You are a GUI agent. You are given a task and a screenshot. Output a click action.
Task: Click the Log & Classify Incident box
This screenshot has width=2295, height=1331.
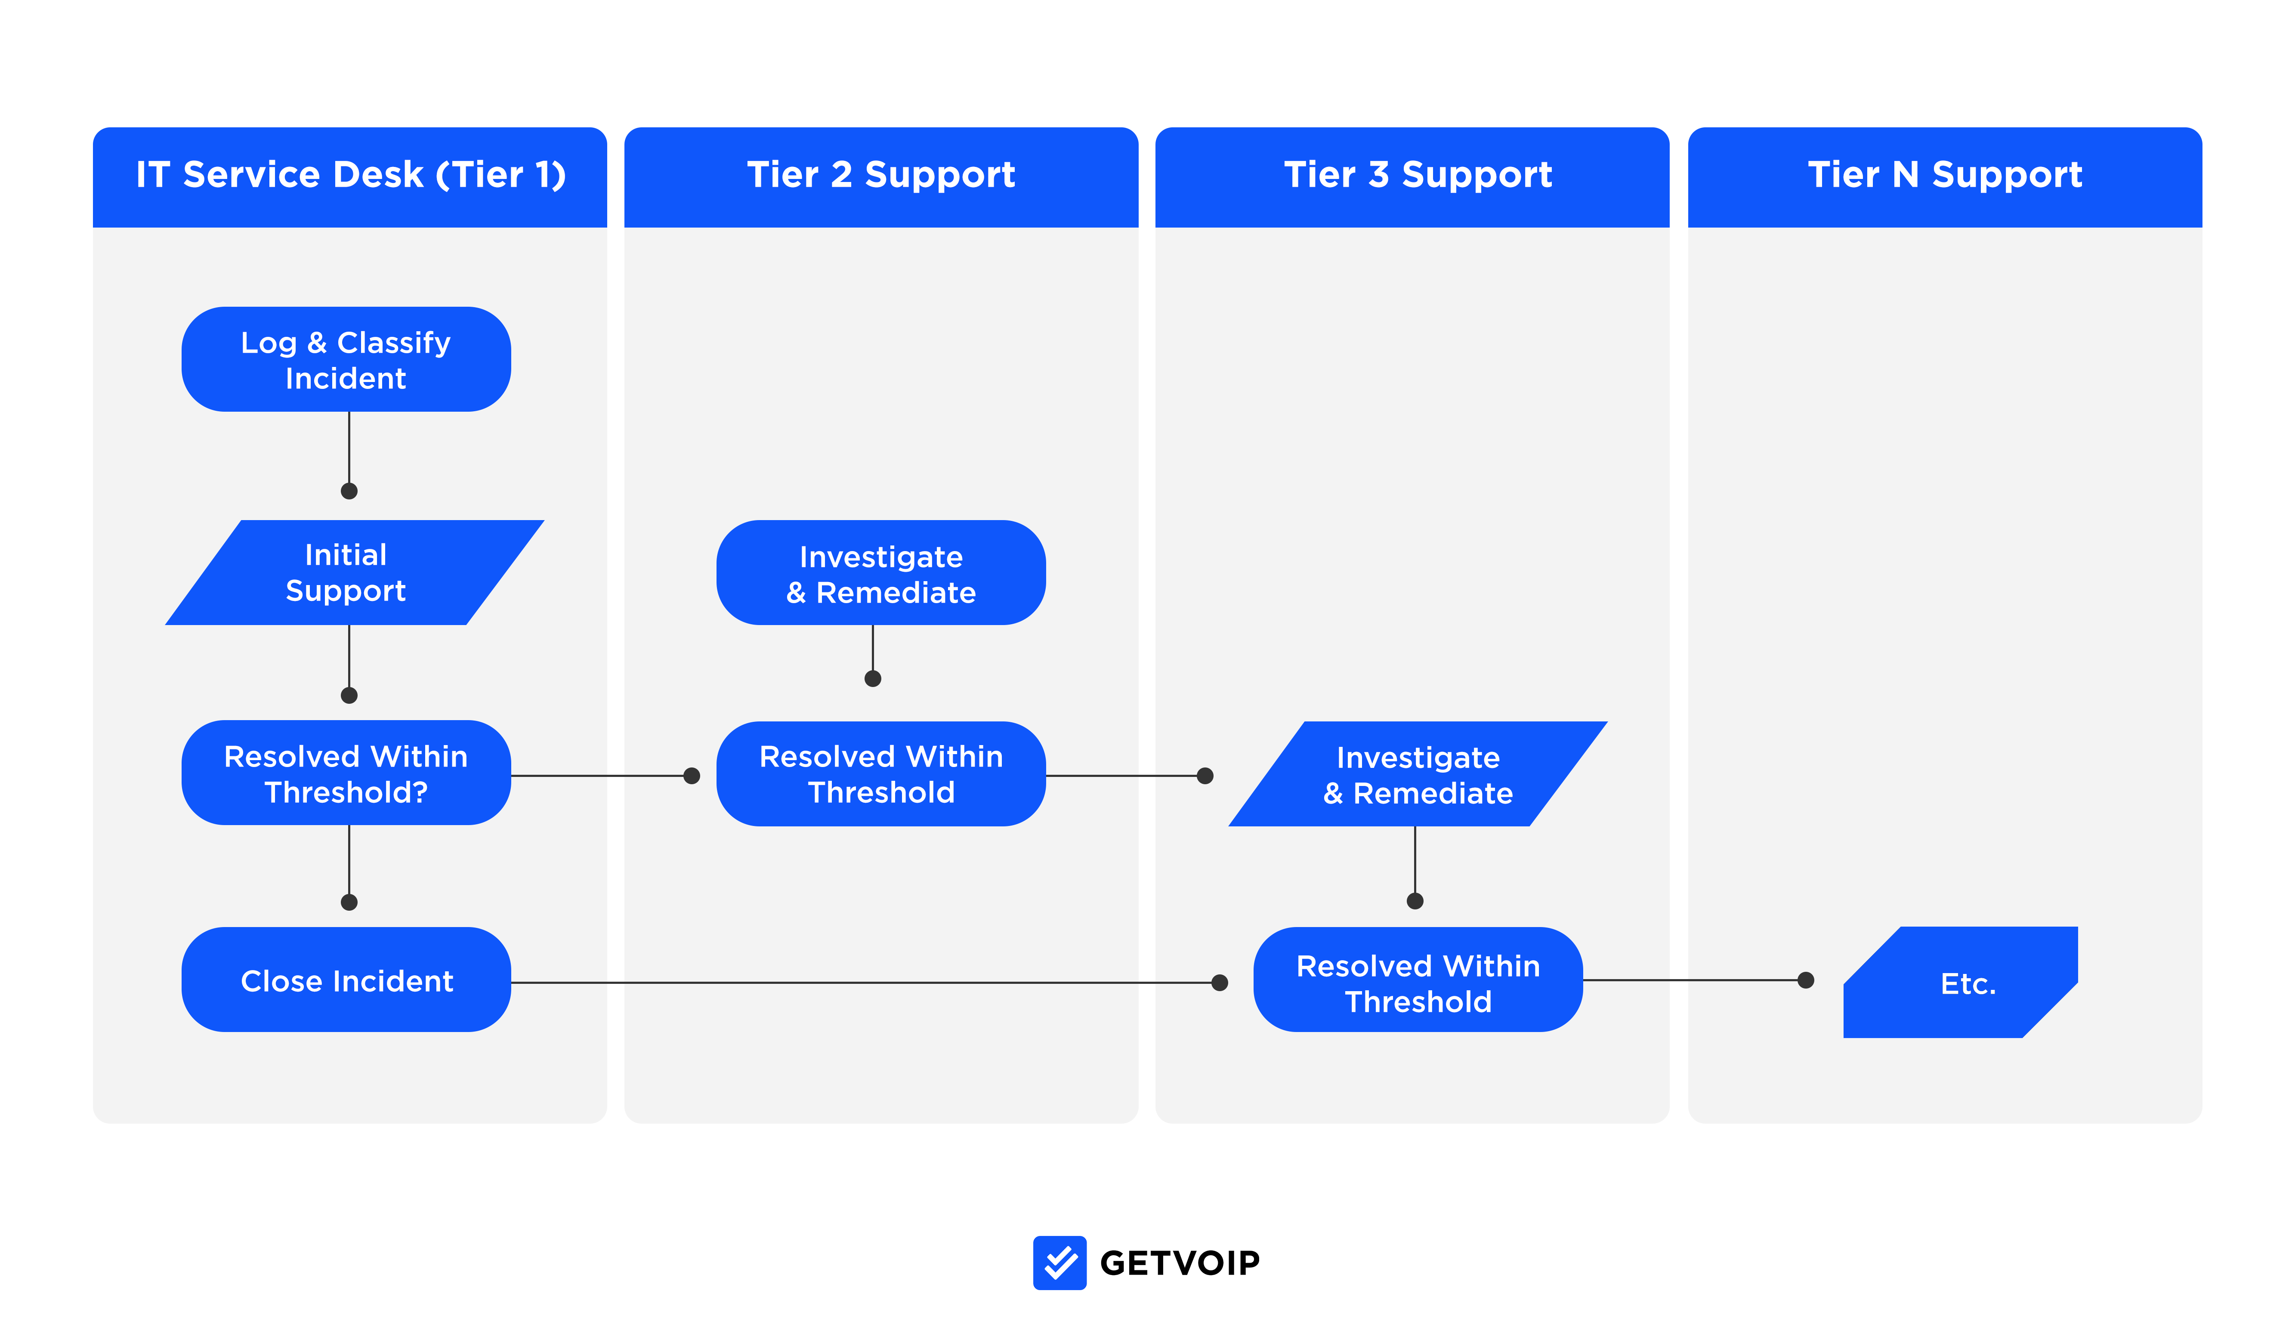coord(346,360)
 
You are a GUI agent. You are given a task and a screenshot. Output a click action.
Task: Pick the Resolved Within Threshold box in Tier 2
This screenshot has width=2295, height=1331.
coord(880,774)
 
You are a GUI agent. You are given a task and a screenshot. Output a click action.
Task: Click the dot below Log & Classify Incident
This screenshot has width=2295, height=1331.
coord(349,491)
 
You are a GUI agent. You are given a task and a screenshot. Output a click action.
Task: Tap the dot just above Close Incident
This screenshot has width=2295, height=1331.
coord(349,902)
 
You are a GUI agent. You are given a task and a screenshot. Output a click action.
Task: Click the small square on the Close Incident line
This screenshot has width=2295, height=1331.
coord(1146,982)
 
